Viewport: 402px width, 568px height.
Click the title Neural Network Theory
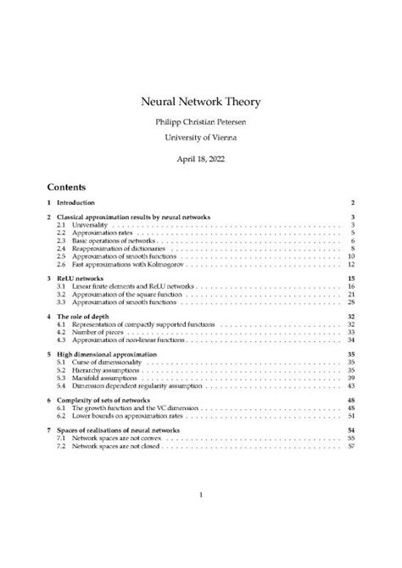(200, 102)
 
